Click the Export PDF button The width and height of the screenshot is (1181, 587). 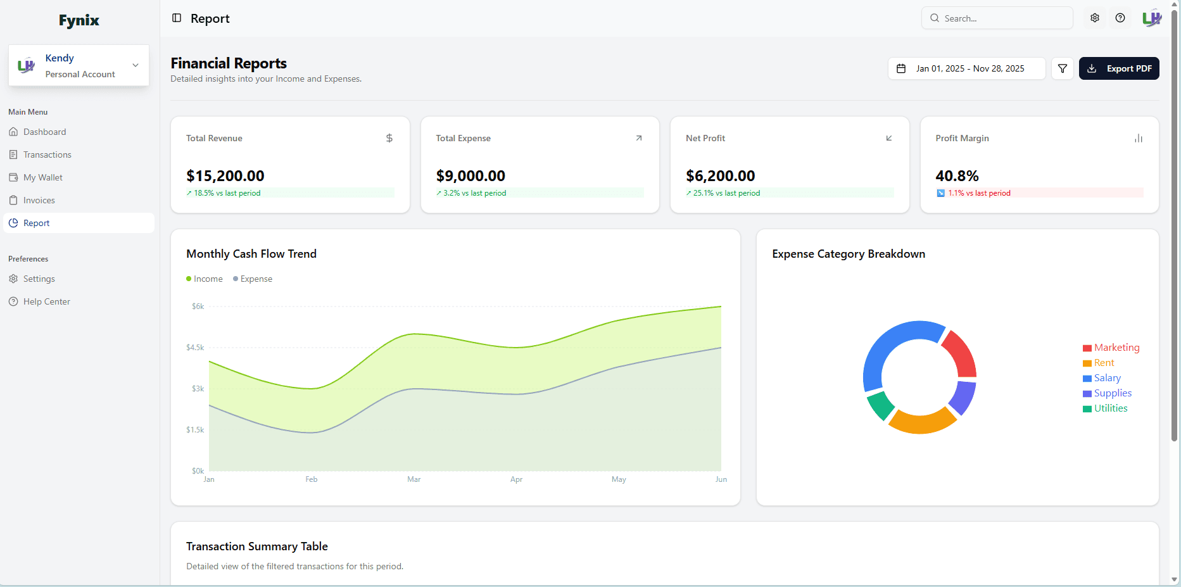pyautogui.click(x=1119, y=68)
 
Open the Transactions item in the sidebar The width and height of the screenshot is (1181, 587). pyautogui.click(x=47, y=155)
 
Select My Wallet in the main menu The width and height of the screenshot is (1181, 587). pyautogui.click(x=42, y=177)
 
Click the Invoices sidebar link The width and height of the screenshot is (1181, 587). pyautogui.click(x=39, y=200)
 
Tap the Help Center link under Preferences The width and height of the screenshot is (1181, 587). pyautogui.click(x=46, y=301)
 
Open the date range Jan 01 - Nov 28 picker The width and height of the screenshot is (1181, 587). pyautogui.click(x=966, y=68)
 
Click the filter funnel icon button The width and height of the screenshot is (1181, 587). pyautogui.click(x=1063, y=68)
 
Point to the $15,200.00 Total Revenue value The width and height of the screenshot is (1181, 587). pyautogui.click(x=225, y=176)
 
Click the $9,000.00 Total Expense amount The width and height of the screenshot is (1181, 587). pyautogui.click(x=471, y=176)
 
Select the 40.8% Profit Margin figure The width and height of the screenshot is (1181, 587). pyautogui.click(x=957, y=176)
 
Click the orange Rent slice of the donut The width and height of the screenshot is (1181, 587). pyautogui.click(x=921, y=421)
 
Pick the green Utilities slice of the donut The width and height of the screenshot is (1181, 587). pyautogui.click(x=880, y=405)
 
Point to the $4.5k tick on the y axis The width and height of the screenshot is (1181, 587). pyautogui.click(x=195, y=348)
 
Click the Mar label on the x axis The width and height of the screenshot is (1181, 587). pyautogui.click(x=414, y=479)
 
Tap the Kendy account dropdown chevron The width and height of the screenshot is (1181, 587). pyautogui.click(x=136, y=65)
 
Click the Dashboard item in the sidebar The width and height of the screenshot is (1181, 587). pyautogui.click(x=44, y=132)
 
